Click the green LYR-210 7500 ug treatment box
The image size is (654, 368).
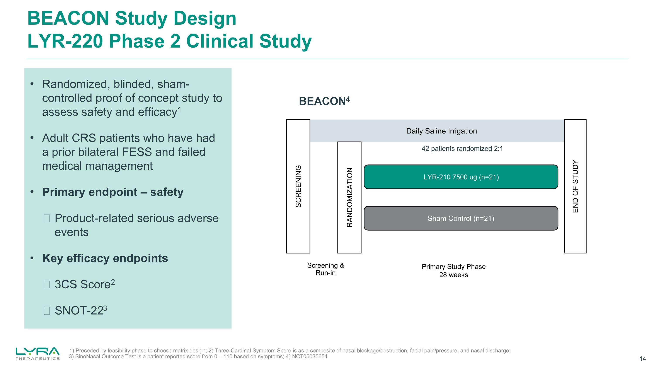click(x=461, y=177)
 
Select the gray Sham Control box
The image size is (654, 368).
click(x=461, y=218)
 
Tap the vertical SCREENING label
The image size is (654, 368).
click(x=298, y=186)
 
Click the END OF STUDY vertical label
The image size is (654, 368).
click(x=575, y=186)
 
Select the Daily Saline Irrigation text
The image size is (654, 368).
click(x=441, y=131)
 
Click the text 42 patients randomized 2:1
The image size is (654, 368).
click(x=462, y=149)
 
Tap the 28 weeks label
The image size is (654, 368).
click(x=453, y=275)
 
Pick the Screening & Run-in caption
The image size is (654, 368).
click(x=325, y=269)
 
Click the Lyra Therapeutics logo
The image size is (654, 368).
click(x=37, y=353)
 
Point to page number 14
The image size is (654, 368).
click(x=642, y=359)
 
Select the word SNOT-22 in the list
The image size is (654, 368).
click(x=79, y=311)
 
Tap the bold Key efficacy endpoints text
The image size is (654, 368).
click(x=105, y=258)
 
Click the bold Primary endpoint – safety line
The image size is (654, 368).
click(x=113, y=192)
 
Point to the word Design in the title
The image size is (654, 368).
click(x=205, y=18)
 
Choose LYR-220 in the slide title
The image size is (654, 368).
click(x=65, y=41)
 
